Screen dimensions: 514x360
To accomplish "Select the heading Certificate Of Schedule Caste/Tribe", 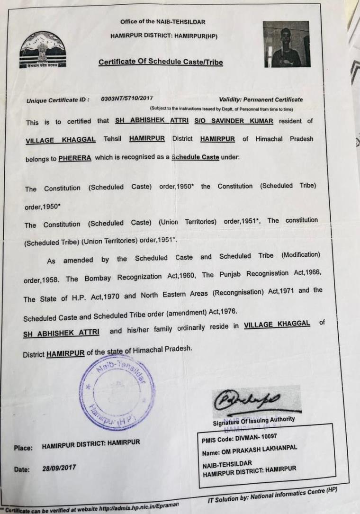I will (161, 62).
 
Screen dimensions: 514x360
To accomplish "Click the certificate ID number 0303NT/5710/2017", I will (127, 99).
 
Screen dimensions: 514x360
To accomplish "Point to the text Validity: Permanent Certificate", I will (261, 99).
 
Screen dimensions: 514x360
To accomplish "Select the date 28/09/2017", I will (63, 468).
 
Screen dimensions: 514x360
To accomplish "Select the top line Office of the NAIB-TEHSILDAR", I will (162, 22).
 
